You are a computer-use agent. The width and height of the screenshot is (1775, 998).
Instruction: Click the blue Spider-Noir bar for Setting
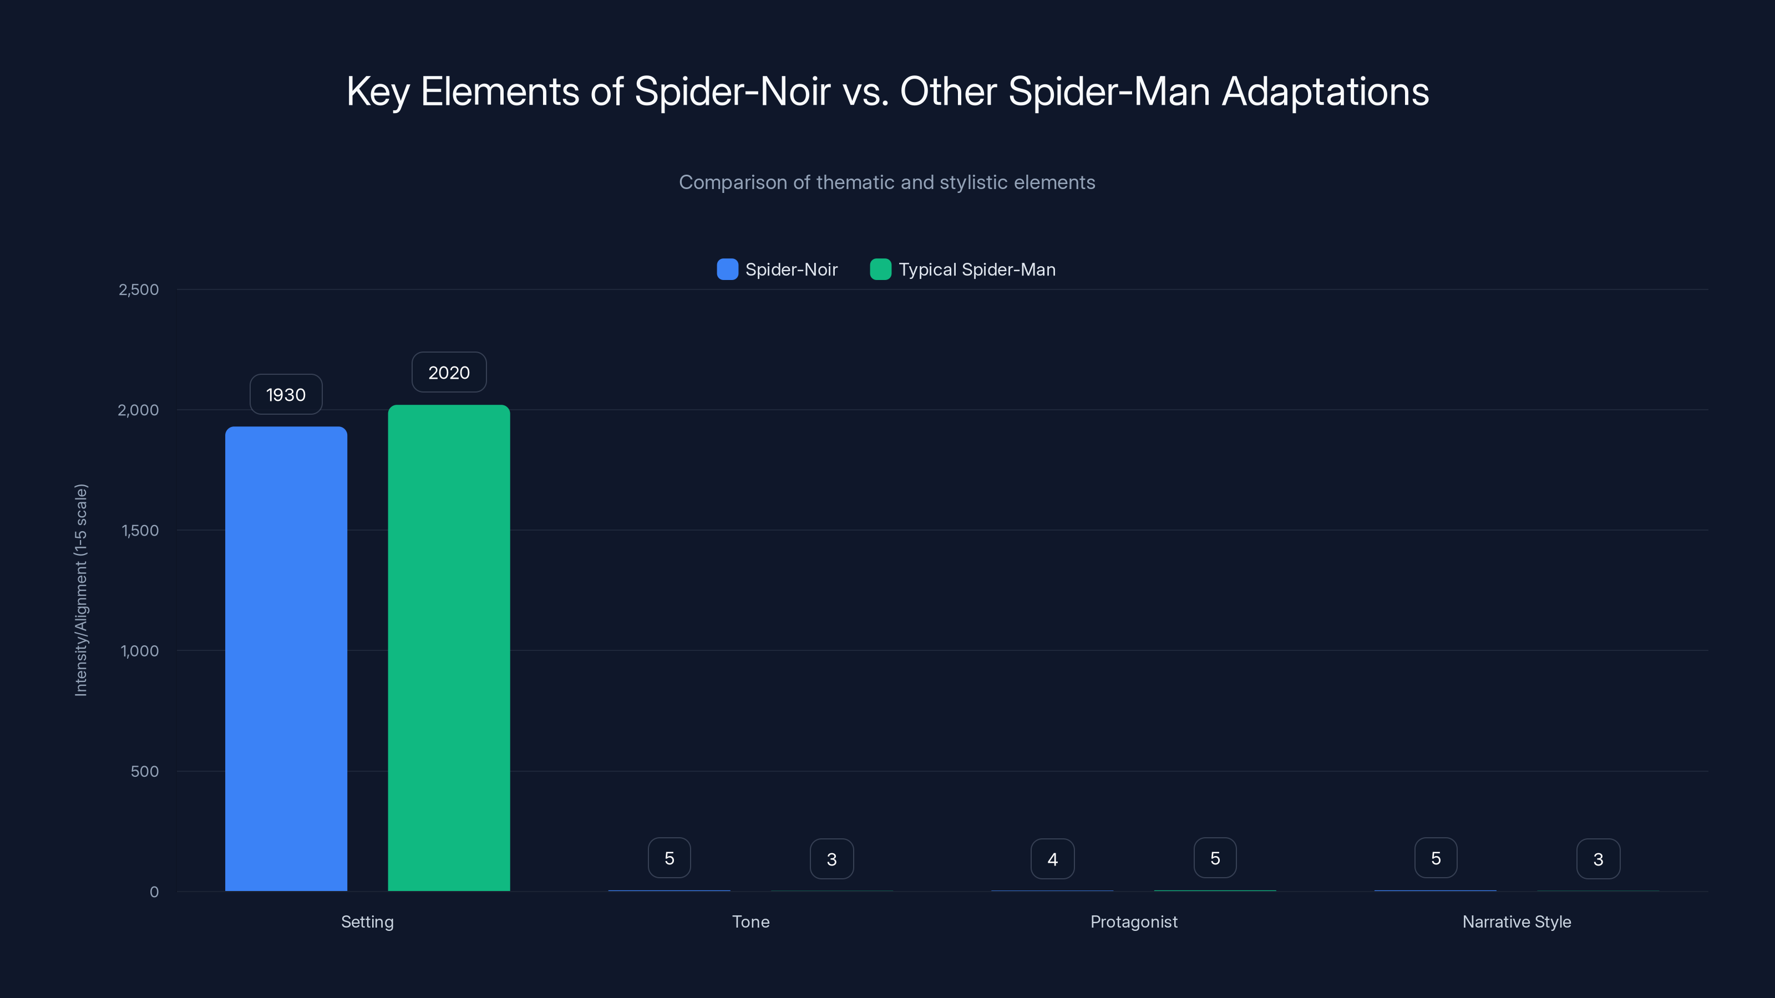click(x=286, y=658)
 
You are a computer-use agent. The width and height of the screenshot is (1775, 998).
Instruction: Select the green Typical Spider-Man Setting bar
click(x=449, y=648)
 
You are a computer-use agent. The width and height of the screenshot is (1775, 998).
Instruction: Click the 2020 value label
click(x=449, y=373)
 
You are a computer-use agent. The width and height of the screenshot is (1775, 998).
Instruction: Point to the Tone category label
click(x=750, y=921)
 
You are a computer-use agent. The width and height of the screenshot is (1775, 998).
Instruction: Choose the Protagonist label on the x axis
click(x=1133, y=921)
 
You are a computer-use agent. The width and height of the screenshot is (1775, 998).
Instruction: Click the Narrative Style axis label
click(x=1517, y=921)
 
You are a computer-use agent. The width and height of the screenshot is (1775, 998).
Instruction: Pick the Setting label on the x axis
click(x=367, y=921)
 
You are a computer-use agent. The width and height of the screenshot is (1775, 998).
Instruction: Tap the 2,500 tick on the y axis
click(x=139, y=289)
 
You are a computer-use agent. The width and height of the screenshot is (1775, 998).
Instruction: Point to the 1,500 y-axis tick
click(x=140, y=531)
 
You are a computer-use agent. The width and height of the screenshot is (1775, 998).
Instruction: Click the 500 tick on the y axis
click(x=145, y=771)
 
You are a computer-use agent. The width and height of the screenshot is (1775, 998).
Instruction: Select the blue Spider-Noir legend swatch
click(x=727, y=269)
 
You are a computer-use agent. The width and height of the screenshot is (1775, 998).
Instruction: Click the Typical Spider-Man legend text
click(x=976, y=269)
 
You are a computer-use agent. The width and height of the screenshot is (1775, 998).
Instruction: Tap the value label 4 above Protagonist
click(x=1052, y=859)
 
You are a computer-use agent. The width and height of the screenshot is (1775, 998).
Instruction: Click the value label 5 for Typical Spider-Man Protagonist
click(x=1215, y=858)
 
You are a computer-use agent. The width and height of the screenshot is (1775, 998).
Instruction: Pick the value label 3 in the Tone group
click(x=831, y=859)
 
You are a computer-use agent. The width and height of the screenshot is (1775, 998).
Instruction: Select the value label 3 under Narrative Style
click(x=1598, y=859)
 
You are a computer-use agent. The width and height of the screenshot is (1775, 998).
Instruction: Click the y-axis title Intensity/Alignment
click(x=80, y=590)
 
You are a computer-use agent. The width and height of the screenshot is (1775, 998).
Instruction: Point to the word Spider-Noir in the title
click(x=732, y=91)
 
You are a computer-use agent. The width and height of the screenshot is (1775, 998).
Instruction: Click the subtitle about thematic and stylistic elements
click(x=887, y=182)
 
